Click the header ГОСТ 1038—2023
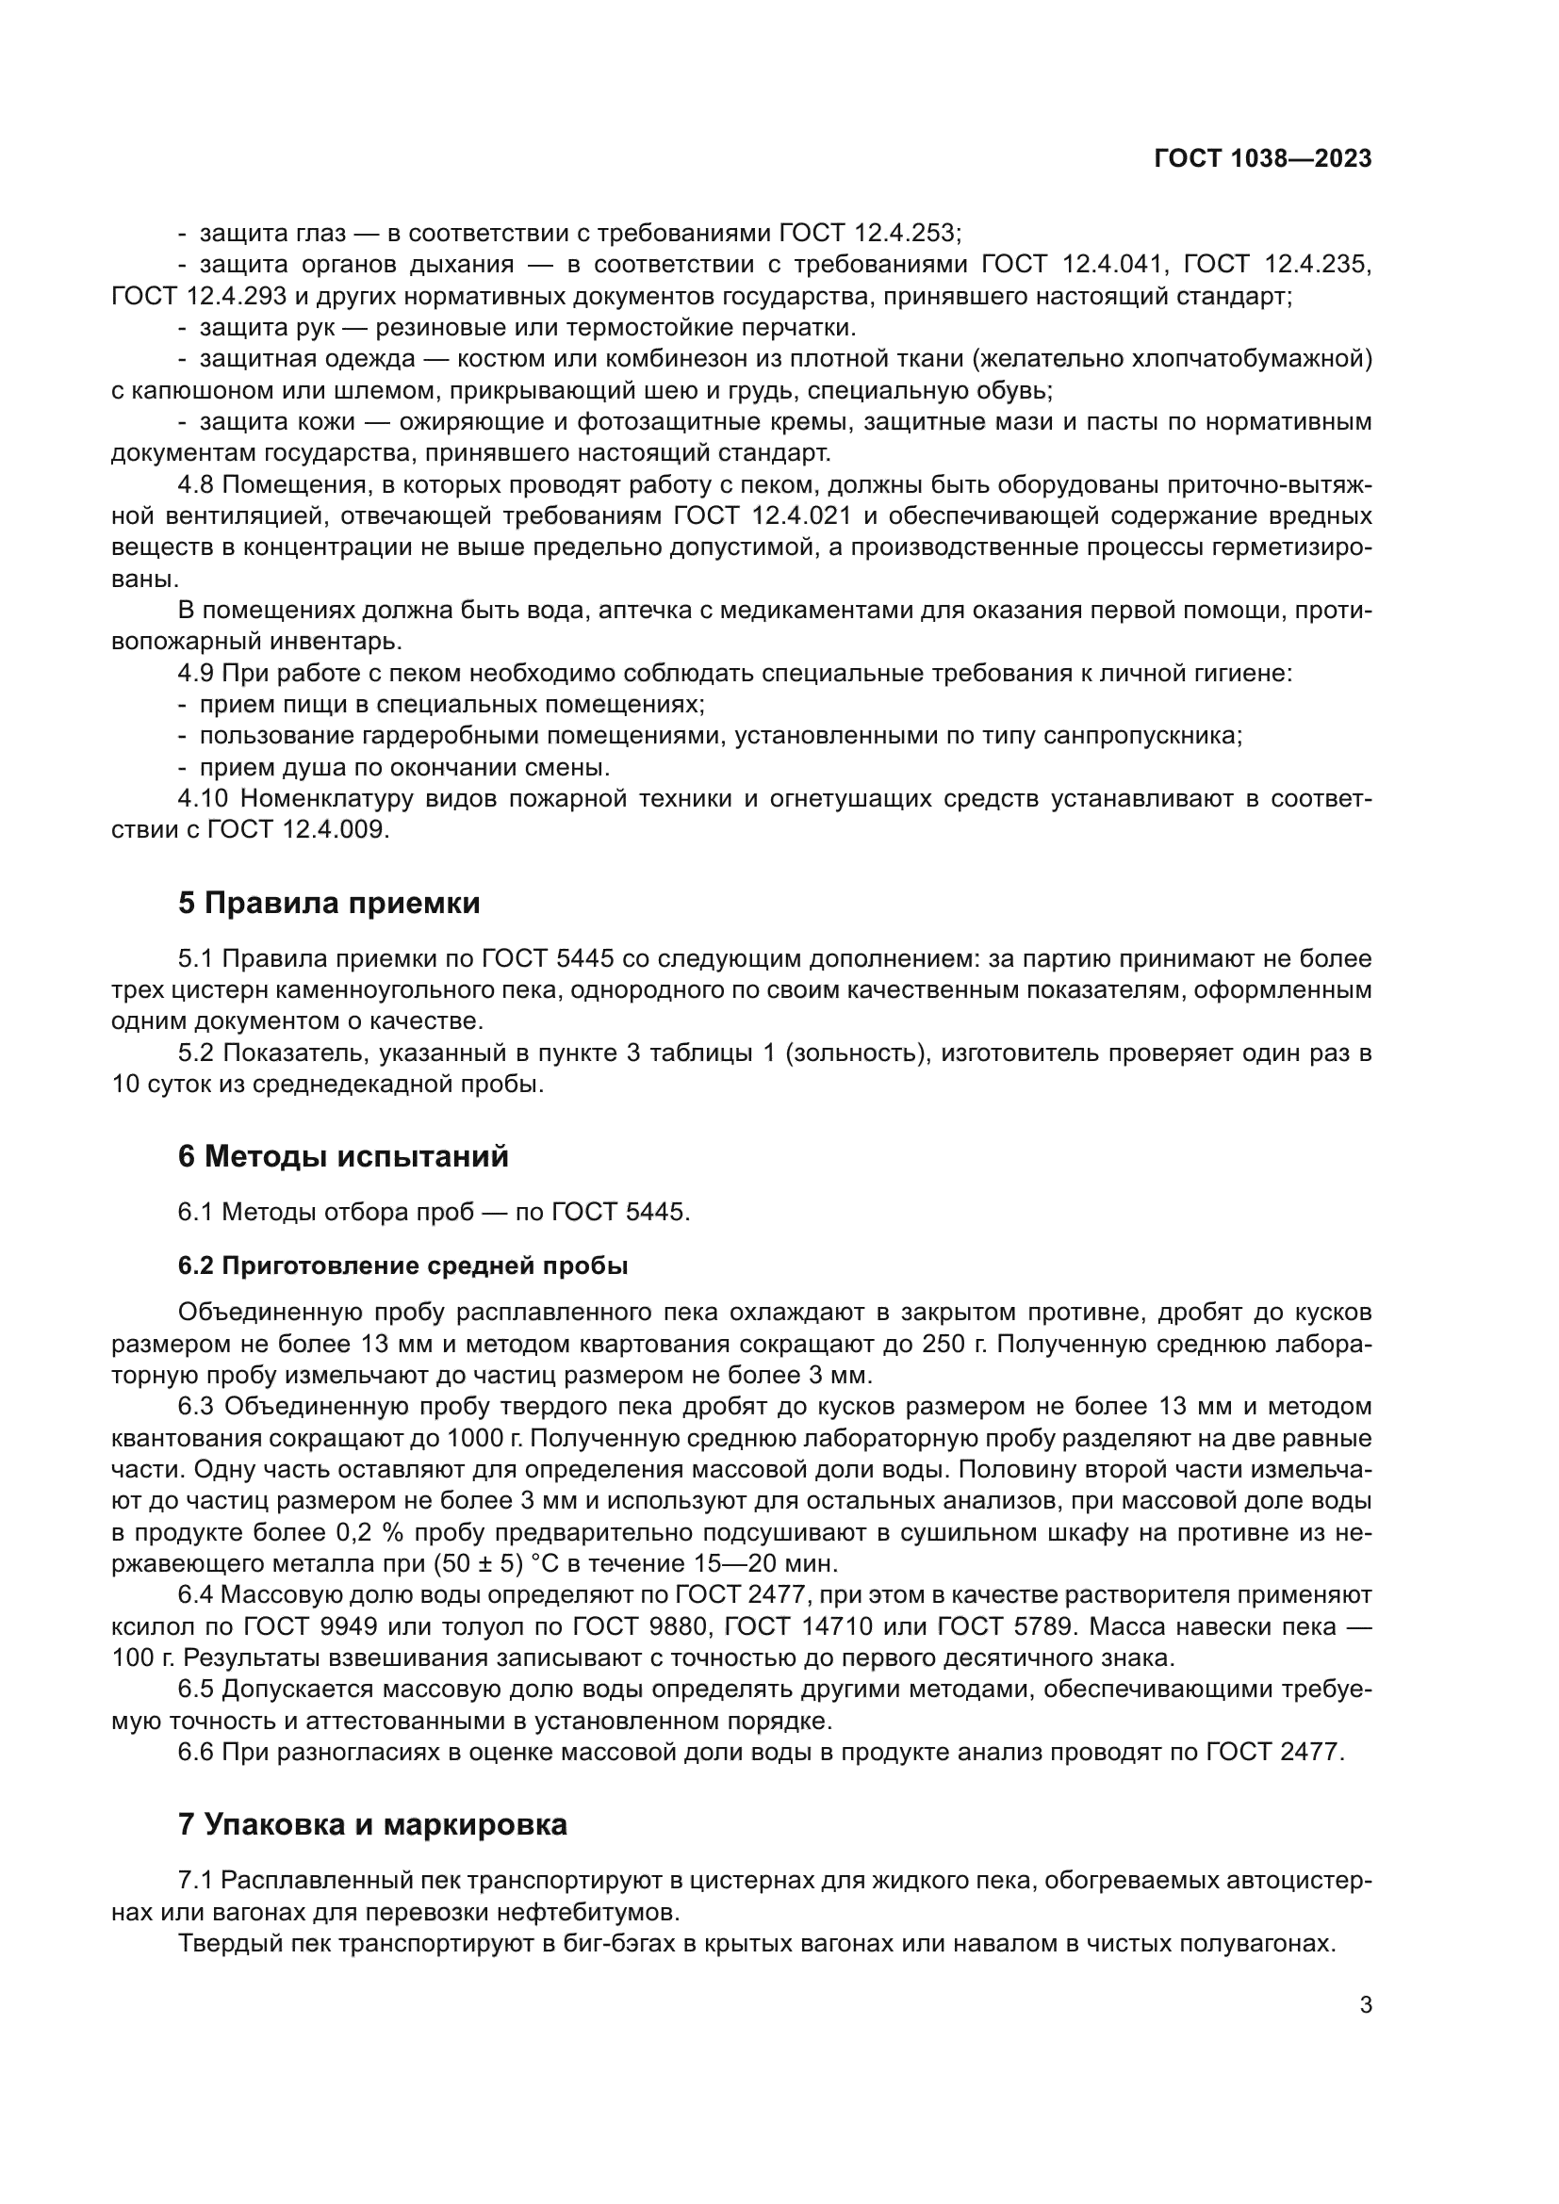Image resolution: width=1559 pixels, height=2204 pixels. point(1262,159)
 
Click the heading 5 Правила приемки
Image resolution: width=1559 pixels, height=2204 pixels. point(328,904)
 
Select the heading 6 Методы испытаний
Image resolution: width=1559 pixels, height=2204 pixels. point(343,1157)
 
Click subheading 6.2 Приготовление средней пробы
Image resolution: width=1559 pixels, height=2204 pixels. point(402,1266)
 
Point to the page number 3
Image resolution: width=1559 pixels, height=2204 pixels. point(1366,2005)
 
